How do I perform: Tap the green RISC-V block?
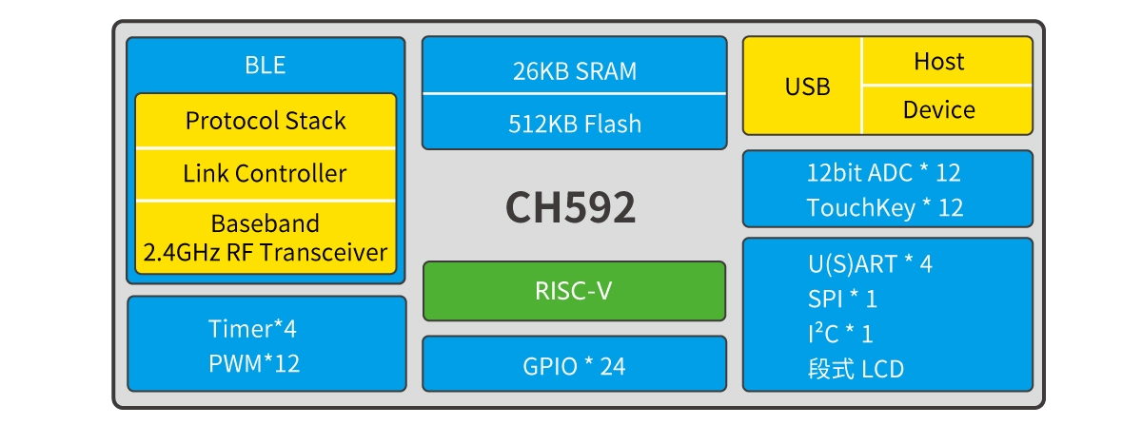pos(574,291)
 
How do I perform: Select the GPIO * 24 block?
pos(574,365)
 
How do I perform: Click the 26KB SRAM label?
pos(574,71)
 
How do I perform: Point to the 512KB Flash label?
pos(574,124)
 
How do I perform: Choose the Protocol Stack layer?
pos(266,121)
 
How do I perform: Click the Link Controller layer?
pos(266,174)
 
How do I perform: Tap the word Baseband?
pos(266,224)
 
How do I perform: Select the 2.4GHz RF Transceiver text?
pos(266,252)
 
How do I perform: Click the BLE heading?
pos(266,66)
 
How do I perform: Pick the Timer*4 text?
pos(252,330)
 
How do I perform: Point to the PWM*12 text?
pos(254,363)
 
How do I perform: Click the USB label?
pos(807,87)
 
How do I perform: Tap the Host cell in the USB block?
pos(939,62)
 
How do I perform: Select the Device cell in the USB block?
pos(939,110)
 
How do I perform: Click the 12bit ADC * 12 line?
pos(884,173)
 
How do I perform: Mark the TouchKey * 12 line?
pos(885,207)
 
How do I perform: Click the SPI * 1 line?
pos(842,299)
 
